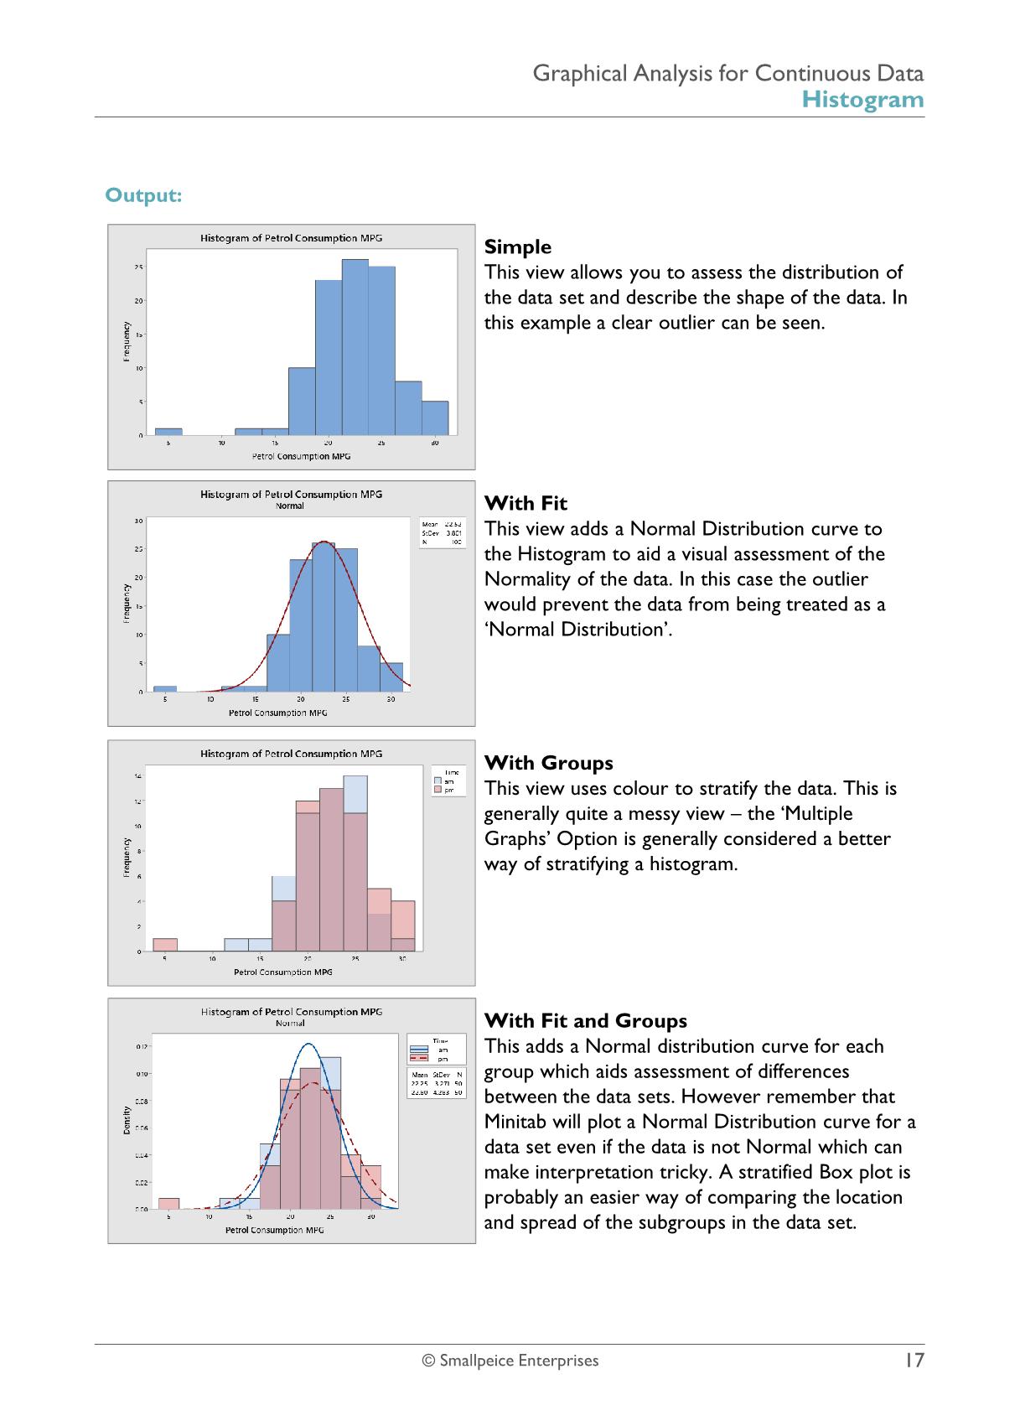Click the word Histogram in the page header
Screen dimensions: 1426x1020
(x=862, y=100)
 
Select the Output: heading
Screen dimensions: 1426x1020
(x=143, y=195)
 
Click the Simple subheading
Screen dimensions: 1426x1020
(x=518, y=247)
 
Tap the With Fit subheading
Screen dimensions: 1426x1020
(x=526, y=504)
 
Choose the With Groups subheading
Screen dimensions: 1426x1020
(x=549, y=763)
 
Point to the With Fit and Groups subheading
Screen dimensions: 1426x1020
(x=586, y=1021)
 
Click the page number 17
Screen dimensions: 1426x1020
(x=913, y=1360)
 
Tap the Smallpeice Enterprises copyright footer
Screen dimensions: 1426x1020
(x=510, y=1361)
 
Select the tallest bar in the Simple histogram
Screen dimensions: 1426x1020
(x=355, y=347)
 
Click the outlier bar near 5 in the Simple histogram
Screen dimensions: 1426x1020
(x=168, y=432)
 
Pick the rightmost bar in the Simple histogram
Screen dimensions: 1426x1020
(x=435, y=418)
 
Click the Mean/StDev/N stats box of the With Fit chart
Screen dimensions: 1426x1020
(x=442, y=533)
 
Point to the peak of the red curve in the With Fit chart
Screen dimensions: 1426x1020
(x=324, y=541)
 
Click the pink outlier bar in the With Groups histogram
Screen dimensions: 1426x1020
(x=165, y=945)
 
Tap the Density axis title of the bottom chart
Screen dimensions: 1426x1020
(x=127, y=1121)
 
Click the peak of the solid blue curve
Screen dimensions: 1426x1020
(x=309, y=1044)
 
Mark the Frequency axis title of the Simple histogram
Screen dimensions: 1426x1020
(x=127, y=342)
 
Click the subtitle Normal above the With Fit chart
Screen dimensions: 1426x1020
(x=290, y=506)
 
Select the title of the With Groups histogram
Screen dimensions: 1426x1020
(x=291, y=754)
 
